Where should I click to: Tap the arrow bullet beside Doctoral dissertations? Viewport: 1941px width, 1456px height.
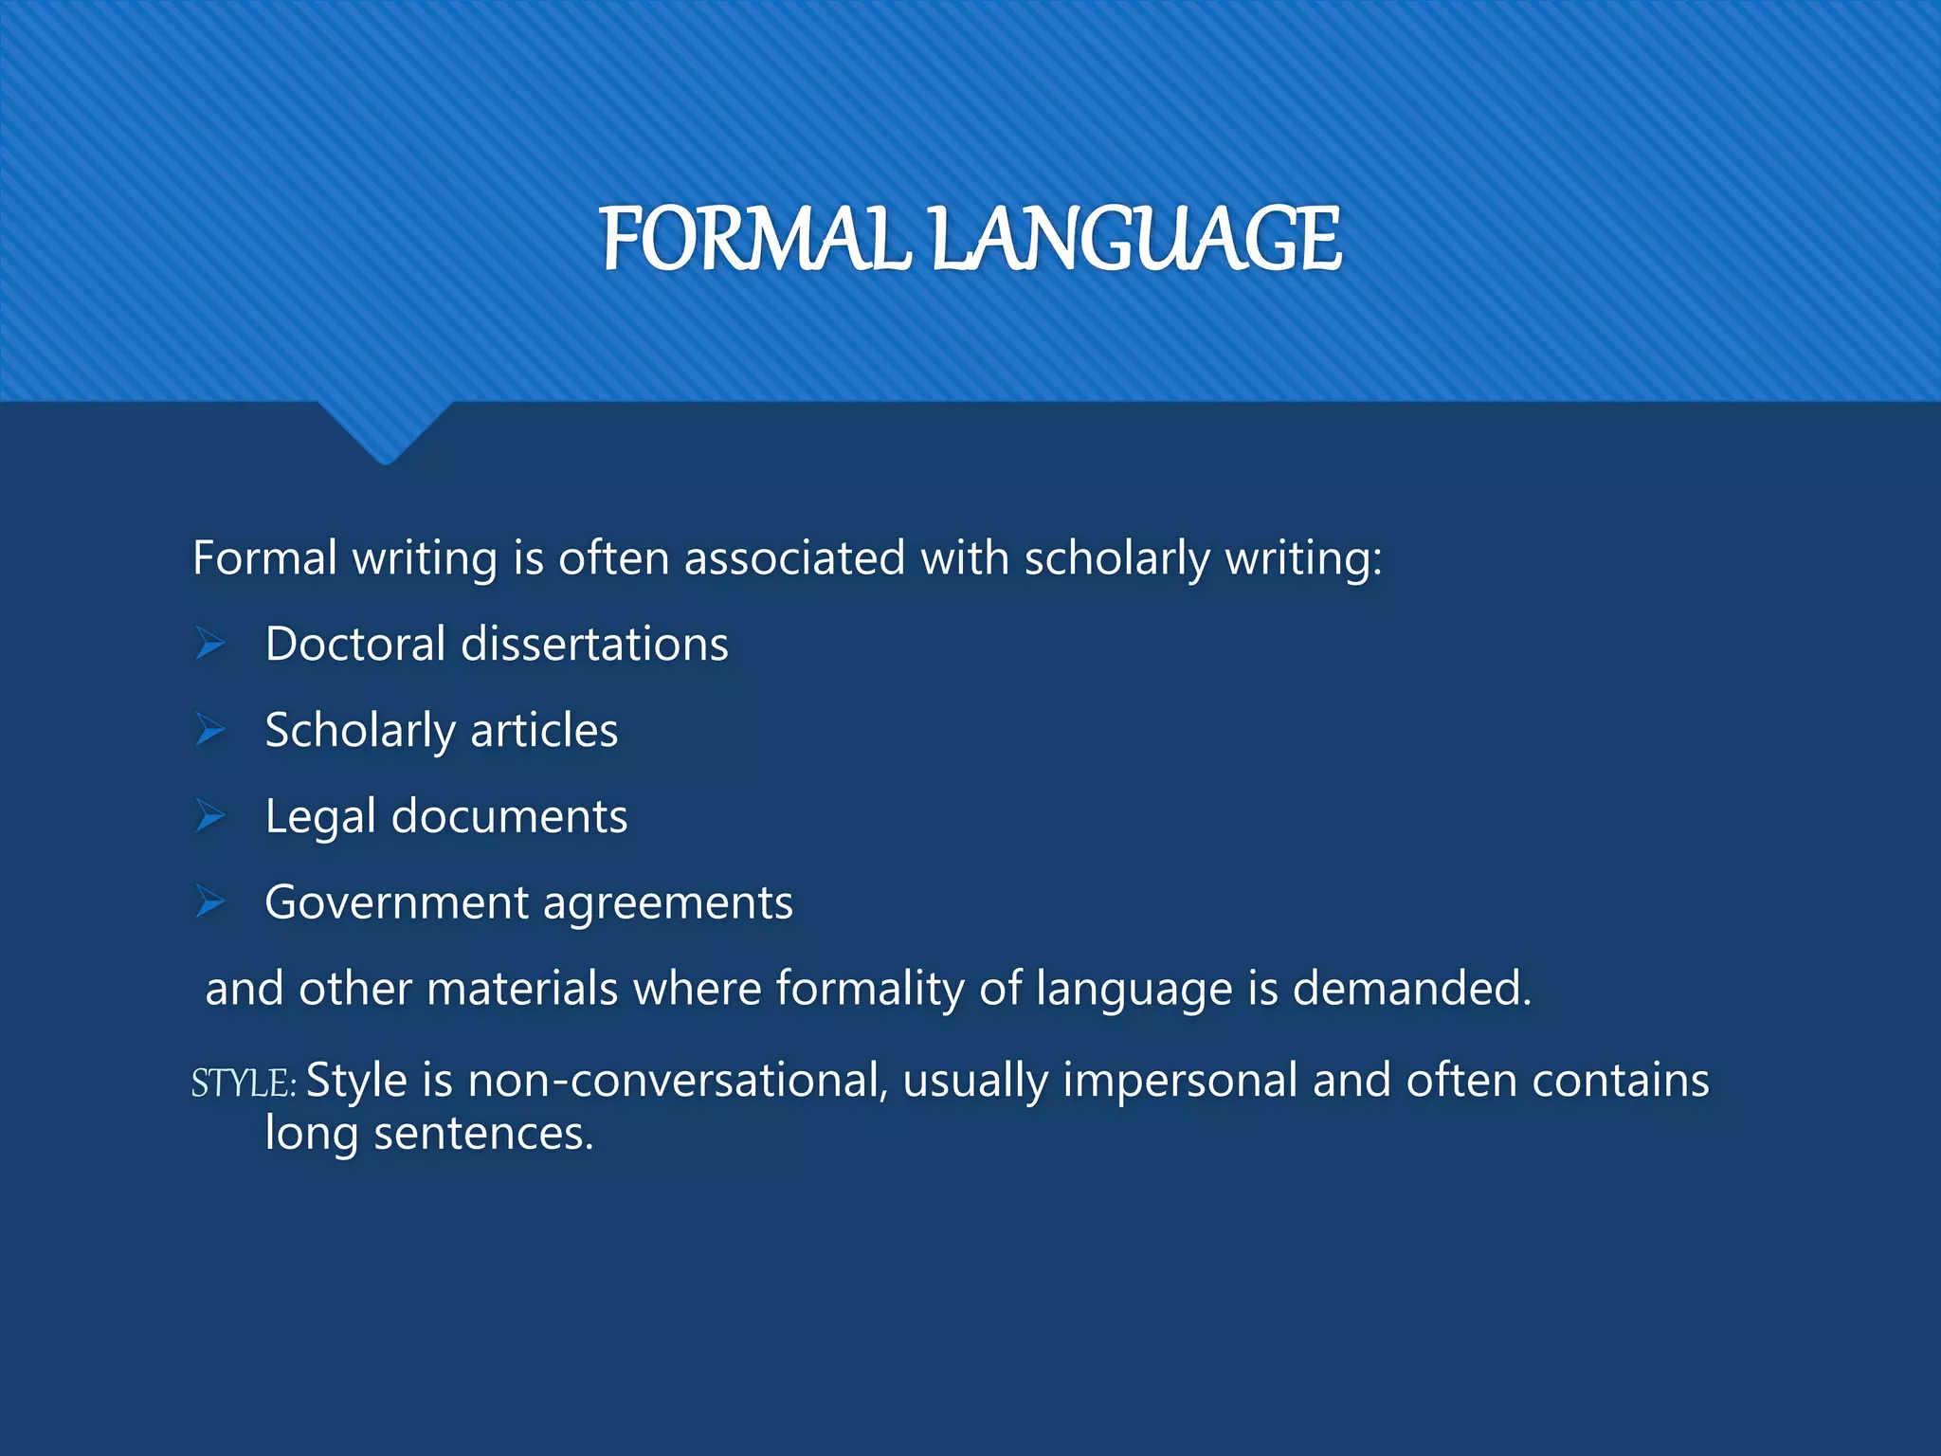[x=210, y=644]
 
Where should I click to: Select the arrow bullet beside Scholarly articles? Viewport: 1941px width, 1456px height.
[x=210, y=730]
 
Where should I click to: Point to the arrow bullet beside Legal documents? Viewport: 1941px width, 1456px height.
[x=210, y=816]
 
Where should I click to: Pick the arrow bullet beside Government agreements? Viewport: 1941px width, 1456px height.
[x=210, y=902]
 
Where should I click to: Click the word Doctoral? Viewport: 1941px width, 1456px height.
[x=355, y=644]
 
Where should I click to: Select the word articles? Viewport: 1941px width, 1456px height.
[x=544, y=730]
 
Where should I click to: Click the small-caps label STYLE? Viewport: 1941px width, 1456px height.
[x=244, y=1083]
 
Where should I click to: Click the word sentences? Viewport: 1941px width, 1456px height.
[x=483, y=1133]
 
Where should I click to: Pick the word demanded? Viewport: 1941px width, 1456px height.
[x=1411, y=988]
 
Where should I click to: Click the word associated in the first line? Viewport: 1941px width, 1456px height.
[x=794, y=557]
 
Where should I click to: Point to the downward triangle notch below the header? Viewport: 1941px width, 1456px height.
[x=385, y=430]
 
